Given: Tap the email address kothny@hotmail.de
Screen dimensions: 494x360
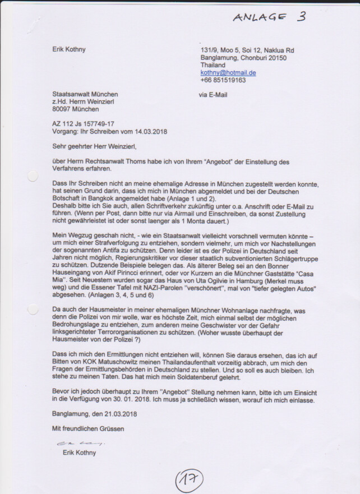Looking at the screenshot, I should pos(228,73).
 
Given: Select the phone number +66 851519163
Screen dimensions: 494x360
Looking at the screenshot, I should pos(223,80).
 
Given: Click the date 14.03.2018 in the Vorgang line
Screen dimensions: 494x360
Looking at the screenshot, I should pos(150,132).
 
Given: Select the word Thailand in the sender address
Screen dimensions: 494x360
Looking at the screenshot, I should pos(213,65).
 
